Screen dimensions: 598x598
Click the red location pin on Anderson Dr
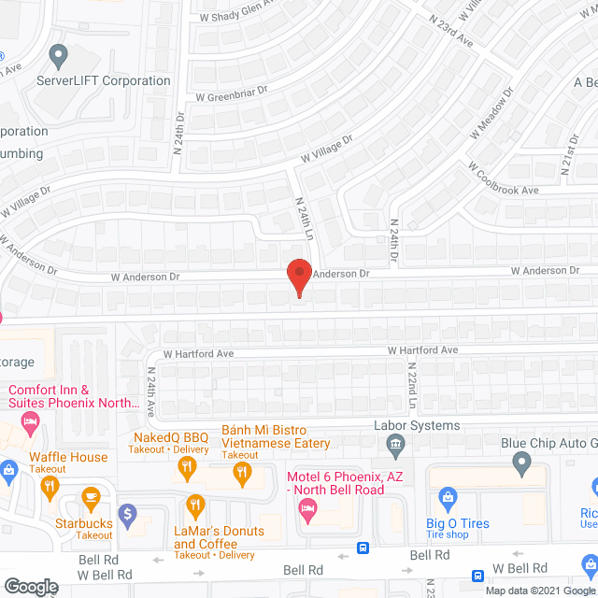[298, 278]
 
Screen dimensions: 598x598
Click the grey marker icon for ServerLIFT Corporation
[60, 57]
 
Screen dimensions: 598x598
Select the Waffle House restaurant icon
[50, 485]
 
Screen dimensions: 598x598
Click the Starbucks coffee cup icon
[91, 496]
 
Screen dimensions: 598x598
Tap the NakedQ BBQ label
[169, 436]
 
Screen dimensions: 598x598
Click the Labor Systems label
[416, 425]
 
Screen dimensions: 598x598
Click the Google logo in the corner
[30, 587]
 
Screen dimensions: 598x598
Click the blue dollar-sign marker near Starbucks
[129, 513]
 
